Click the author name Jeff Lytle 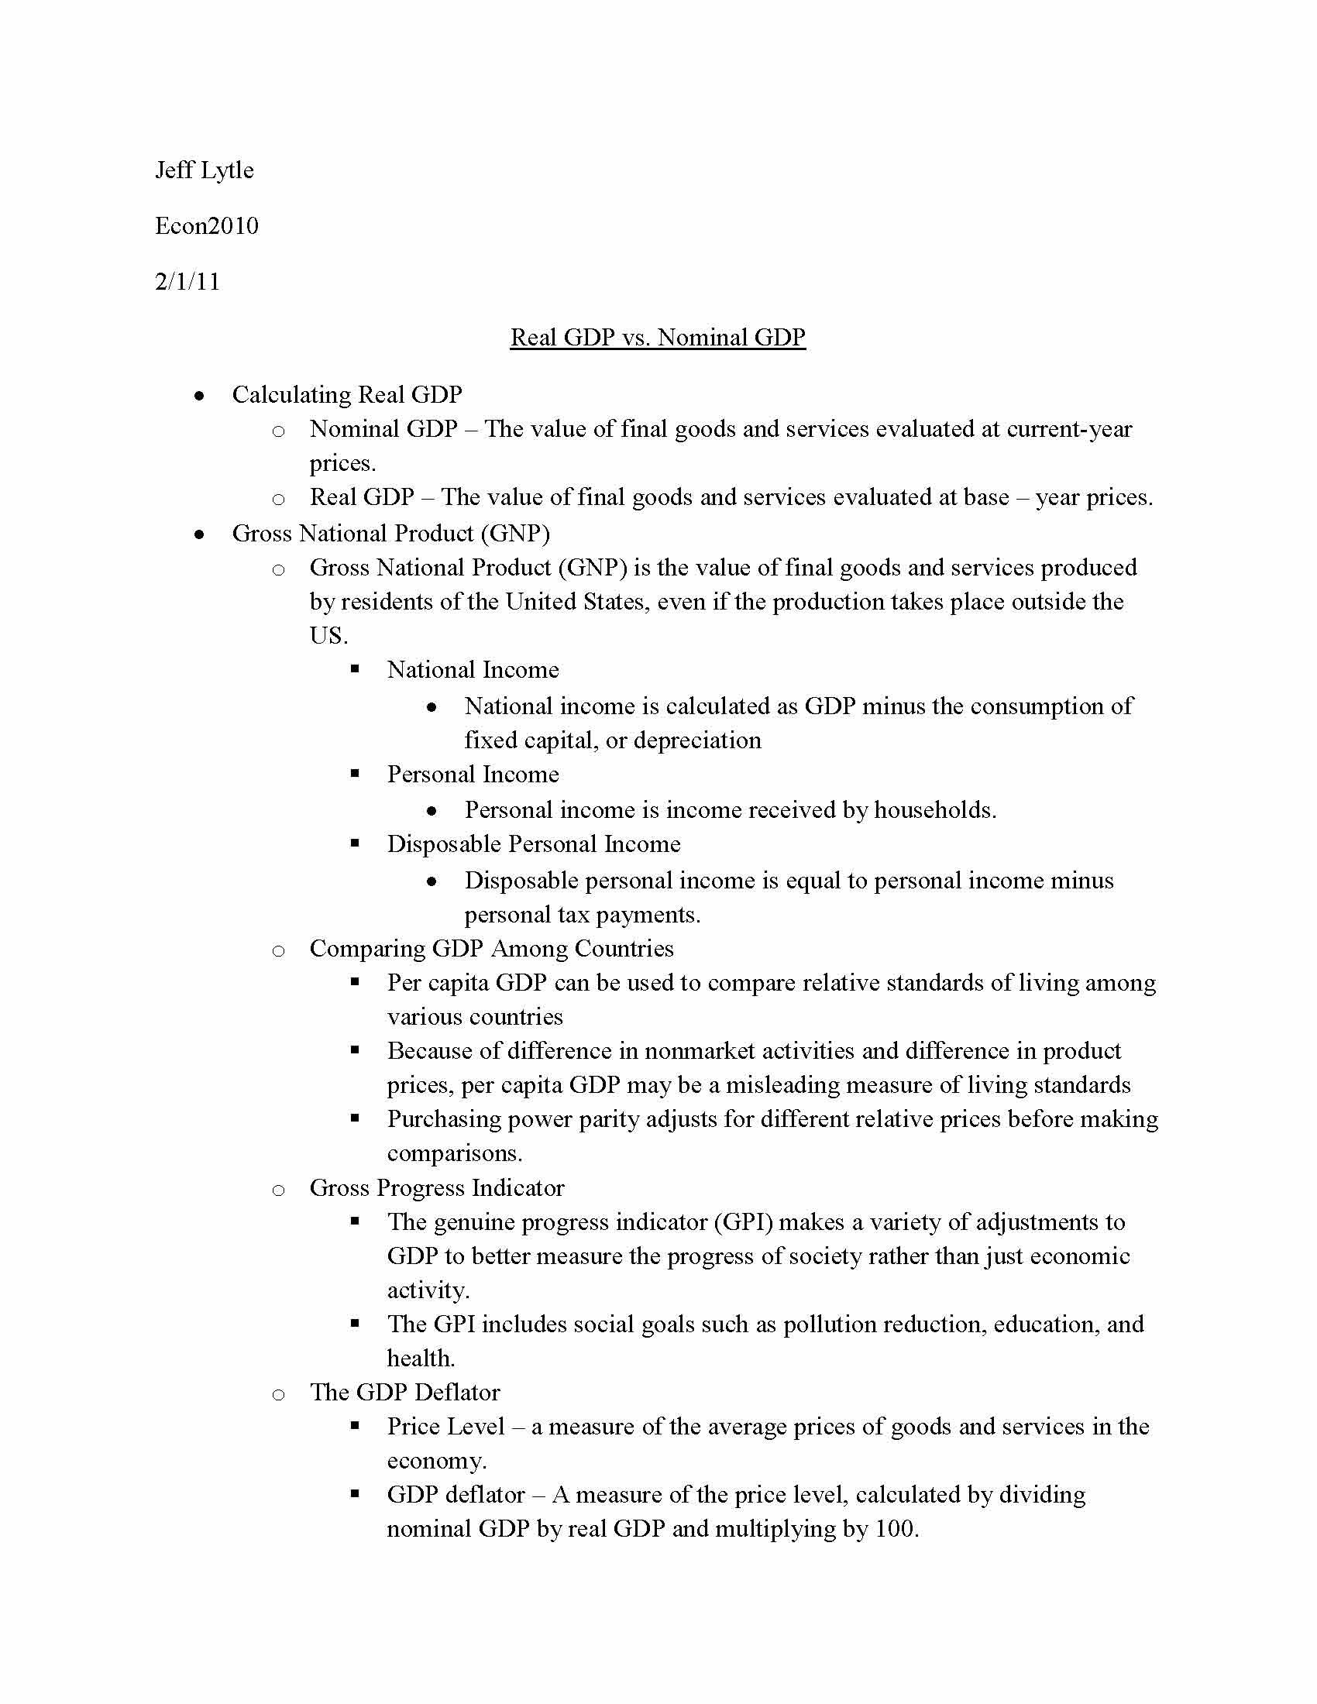click(x=205, y=170)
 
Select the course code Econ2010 click(x=207, y=226)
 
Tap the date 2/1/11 click(x=187, y=282)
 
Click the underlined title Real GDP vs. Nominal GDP click(x=658, y=337)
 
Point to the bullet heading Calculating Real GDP click(x=346, y=395)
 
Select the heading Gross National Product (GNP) click(x=391, y=534)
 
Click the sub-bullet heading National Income click(x=473, y=670)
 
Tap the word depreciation click(x=696, y=740)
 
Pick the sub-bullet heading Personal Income click(x=473, y=775)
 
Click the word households click(x=934, y=811)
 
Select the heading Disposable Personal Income click(x=534, y=844)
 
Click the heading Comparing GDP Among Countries click(x=491, y=949)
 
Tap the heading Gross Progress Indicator click(x=437, y=1188)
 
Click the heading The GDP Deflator click(x=405, y=1393)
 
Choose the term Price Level click(x=446, y=1427)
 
